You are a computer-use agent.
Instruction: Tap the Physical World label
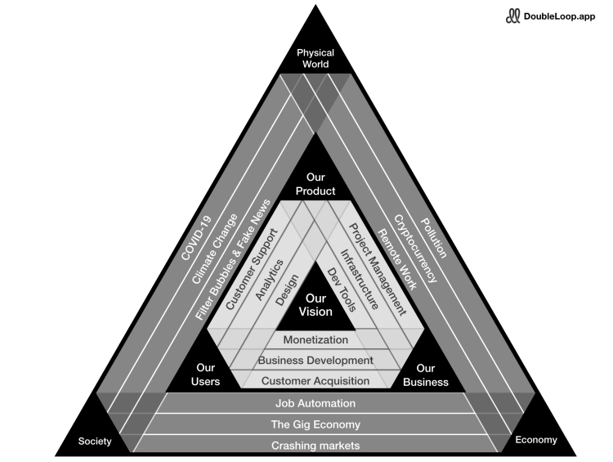coord(315,59)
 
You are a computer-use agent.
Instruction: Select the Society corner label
coord(95,442)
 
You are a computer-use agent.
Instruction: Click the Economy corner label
coord(536,440)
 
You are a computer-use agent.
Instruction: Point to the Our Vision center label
coord(315,305)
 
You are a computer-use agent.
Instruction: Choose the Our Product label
coord(315,184)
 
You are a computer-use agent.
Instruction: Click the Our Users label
coord(206,375)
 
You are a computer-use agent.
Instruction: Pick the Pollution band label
coord(434,238)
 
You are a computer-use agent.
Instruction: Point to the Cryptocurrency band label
coord(415,249)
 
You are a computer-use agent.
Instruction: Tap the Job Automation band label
coord(315,403)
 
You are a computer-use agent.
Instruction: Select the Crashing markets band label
coord(315,446)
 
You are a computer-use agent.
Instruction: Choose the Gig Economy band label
coord(315,424)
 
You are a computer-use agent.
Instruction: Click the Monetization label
coord(315,339)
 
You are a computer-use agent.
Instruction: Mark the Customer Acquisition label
coord(315,380)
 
